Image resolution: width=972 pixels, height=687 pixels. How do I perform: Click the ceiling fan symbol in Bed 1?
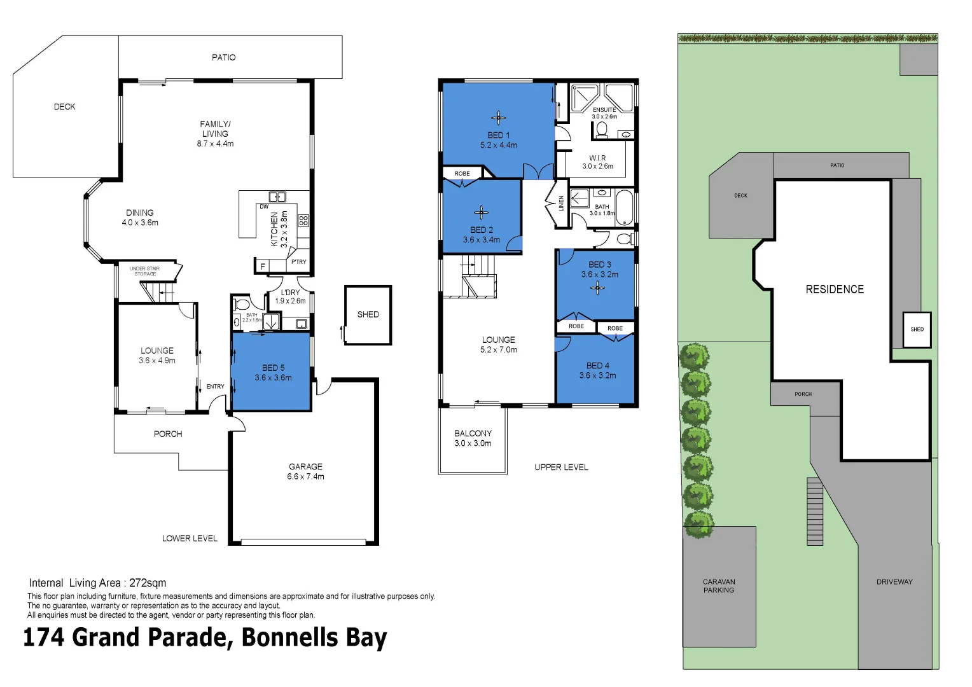point(499,118)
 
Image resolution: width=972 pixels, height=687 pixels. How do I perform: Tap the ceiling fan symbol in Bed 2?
point(482,213)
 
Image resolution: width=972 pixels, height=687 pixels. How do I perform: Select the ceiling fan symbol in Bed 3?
point(597,288)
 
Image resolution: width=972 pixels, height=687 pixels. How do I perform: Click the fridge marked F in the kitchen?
point(262,267)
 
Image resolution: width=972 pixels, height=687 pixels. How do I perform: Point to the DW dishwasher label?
point(264,207)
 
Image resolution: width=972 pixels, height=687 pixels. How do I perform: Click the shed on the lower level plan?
point(368,315)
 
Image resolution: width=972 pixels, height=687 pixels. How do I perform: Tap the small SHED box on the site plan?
point(917,330)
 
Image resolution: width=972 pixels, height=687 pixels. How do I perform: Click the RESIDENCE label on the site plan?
point(835,289)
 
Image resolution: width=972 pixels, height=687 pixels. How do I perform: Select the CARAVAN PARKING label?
point(719,586)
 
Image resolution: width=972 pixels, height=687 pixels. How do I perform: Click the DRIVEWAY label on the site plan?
point(894,582)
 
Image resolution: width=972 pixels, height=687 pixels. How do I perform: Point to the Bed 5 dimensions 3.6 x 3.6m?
point(274,378)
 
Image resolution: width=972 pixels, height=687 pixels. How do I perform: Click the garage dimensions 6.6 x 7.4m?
point(305,476)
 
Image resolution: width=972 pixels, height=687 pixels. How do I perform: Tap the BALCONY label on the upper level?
point(473,433)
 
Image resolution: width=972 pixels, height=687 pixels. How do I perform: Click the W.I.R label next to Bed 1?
point(597,158)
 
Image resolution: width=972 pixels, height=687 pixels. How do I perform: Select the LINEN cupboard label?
point(561,204)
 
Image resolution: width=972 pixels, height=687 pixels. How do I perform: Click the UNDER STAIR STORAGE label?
point(144,271)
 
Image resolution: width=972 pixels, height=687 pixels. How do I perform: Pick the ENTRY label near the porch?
point(215,387)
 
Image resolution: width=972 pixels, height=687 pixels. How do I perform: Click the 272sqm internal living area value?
point(148,583)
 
